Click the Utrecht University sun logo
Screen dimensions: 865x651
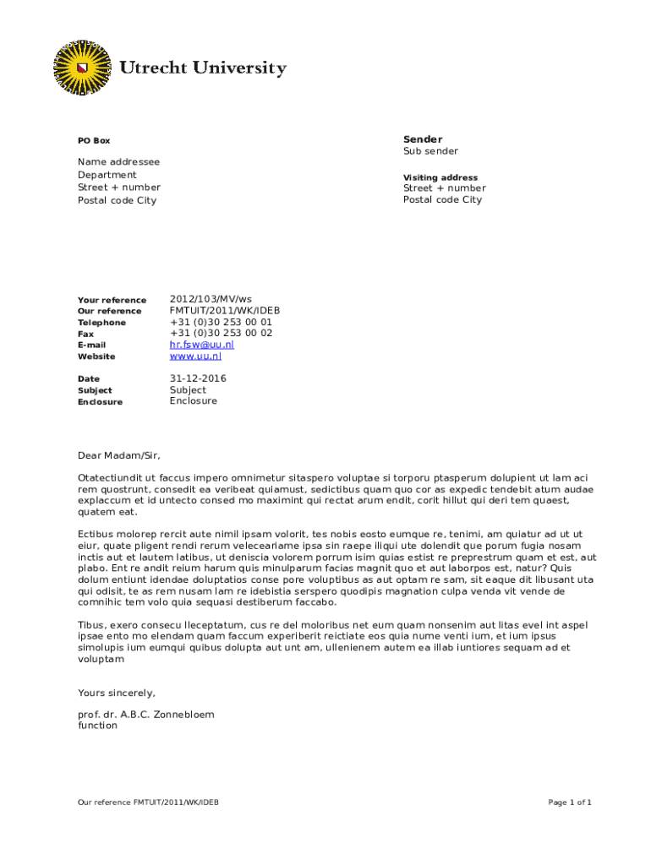click(82, 67)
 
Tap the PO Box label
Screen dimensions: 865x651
click(94, 141)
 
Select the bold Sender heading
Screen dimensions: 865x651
click(422, 139)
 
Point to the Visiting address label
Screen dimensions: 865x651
click(440, 177)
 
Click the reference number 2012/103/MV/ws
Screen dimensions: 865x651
click(211, 300)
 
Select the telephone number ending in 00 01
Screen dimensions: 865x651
click(221, 322)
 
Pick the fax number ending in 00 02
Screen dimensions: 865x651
click(221, 333)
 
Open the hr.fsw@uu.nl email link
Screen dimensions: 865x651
click(201, 345)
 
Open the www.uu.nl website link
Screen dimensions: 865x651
click(195, 356)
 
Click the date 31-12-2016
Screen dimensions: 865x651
click(198, 378)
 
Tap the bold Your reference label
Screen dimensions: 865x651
click(112, 301)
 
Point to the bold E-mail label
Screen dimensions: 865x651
click(91, 345)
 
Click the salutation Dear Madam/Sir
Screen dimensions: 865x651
click(118, 455)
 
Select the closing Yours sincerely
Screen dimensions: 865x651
click(117, 693)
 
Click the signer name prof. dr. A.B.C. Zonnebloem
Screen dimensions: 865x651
click(145, 714)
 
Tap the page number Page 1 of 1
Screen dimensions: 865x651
click(569, 802)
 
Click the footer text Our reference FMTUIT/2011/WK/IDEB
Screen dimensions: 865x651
click(148, 802)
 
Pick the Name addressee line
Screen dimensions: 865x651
click(118, 161)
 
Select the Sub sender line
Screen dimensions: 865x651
click(430, 151)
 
